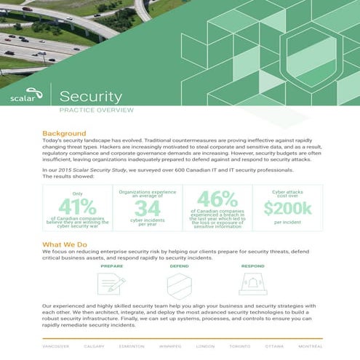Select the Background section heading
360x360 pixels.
[64, 134]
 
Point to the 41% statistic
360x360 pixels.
[77, 207]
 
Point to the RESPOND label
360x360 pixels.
[252, 266]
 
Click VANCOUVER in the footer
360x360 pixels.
[55, 346]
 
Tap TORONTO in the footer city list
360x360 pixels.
[239, 346]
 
